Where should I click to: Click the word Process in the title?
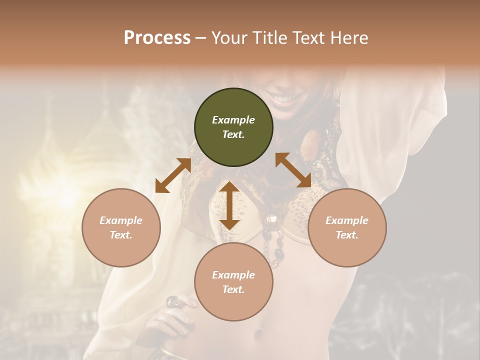click(x=157, y=38)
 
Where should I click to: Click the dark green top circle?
click(x=233, y=127)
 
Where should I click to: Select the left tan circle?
click(x=121, y=227)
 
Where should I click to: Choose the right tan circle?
click(x=347, y=227)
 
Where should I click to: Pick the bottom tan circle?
click(x=233, y=282)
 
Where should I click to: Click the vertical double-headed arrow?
click(x=229, y=205)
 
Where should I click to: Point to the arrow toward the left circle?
click(x=173, y=175)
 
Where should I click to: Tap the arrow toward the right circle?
click(x=293, y=170)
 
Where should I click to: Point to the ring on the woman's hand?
click(x=171, y=301)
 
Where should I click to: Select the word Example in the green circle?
click(x=233, y=120)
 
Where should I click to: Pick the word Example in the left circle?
click(x=121, y=220)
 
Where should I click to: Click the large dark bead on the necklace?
click(x=274, y=220)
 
